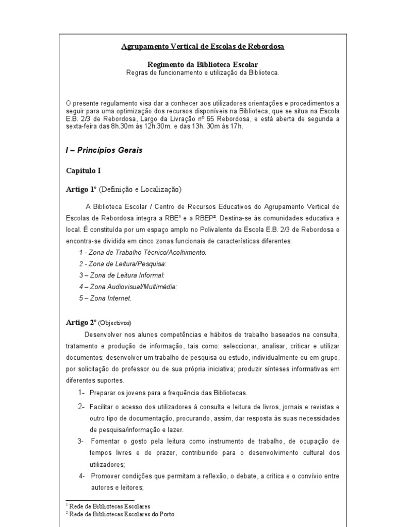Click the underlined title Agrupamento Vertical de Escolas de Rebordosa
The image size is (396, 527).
click(x=202, y=47)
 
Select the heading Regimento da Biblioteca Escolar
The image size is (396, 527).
click(x=202, y=64)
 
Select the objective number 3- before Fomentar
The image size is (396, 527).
click(x=81, y=441)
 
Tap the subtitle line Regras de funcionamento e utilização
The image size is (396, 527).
click(x=203, y=73)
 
